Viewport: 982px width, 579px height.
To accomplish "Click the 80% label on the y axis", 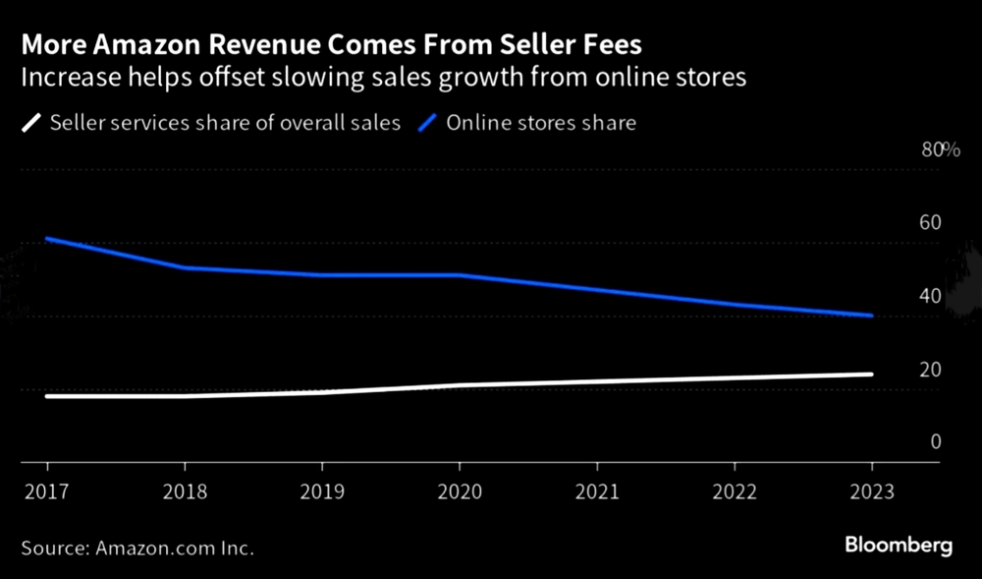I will coord(939,149).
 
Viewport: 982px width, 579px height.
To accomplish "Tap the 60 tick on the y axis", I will coord(929,223).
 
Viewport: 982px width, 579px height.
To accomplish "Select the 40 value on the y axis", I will coord(929,297).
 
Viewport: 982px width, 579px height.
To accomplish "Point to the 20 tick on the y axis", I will coord(929,370).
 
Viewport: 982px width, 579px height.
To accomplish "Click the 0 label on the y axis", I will coord(935,442).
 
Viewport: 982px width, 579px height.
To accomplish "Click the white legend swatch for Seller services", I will coord(32,124).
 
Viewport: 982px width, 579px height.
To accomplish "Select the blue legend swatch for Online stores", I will coord(429,124).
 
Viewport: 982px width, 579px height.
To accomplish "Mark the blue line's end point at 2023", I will coord(871,316).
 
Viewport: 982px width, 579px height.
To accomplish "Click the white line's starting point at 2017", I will coord(47,396).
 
